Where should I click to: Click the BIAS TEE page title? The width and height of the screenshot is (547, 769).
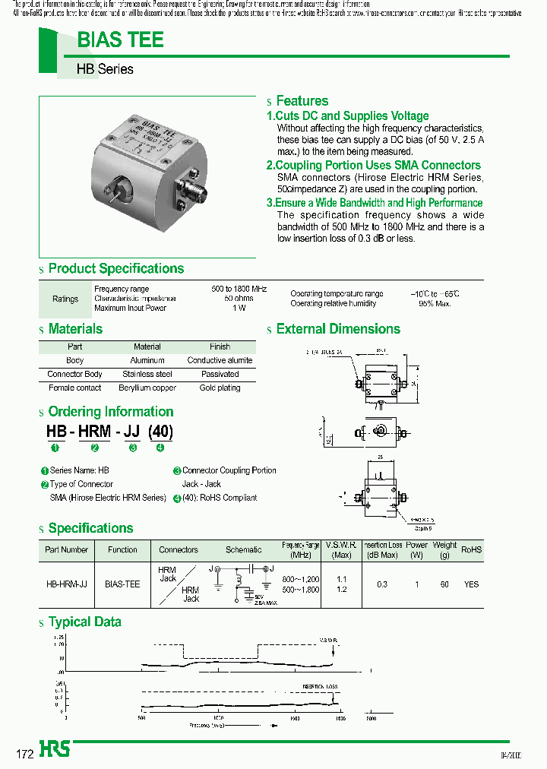pos(121,40)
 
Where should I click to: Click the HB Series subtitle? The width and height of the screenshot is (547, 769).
pos(105,69)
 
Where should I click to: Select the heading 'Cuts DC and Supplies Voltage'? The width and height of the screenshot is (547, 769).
pos(347,116)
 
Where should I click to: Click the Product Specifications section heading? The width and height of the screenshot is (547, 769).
pos(115,269)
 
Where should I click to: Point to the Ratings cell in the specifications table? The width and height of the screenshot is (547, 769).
pos(65,299)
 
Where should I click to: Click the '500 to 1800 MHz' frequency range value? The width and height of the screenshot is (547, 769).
pos(239,290)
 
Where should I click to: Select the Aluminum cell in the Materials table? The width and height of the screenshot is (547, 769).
pos(147,360)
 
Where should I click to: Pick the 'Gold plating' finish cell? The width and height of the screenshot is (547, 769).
pos(220,388)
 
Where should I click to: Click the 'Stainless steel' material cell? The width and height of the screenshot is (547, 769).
pos(147,374)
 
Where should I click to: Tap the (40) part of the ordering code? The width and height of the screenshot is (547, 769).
pos(160,432)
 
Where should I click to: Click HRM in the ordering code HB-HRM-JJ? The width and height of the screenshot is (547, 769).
pos(95,432)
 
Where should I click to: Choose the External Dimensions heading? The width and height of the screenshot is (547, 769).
pos(338,329)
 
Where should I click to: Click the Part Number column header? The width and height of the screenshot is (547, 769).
pos(67,549)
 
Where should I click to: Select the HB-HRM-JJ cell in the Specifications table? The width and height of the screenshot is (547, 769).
pos(67,584)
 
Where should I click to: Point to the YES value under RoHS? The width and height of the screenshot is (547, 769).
pos(471,584)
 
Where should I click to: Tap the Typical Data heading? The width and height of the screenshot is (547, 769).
pos(84,622)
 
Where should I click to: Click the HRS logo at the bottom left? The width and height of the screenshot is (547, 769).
pos(55,749)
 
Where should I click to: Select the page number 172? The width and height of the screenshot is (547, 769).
pos(25,755)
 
